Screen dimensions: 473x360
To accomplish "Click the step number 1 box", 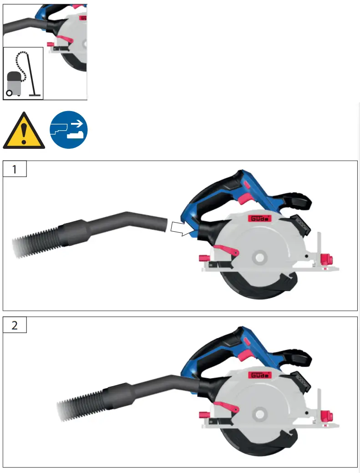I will pyautogui.click(x=15, y=169).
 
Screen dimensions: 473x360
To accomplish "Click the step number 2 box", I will pyautogui.click(x=15, y=326).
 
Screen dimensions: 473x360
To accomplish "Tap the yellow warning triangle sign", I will pyautogui.click(x=24, y=132).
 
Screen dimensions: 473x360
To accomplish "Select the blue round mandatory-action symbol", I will pyautogui.click(x=69, y=130).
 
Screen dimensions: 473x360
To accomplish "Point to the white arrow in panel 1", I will pyautogui.click(x=182, y=228).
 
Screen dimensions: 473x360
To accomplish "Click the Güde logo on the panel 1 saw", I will pyautogui.click(x=260, y=219).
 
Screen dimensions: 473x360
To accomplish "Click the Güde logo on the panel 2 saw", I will pyautogui.click(x=260, y=375).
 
